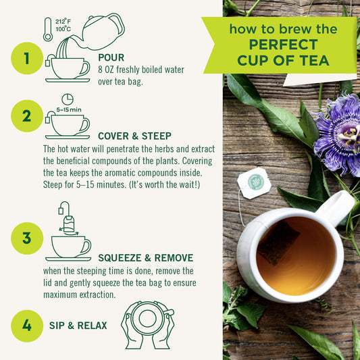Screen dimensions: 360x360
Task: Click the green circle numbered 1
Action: click(27, 59)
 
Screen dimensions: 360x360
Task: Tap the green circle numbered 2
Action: click(27, 116)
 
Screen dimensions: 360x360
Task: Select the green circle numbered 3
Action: click(27, 238)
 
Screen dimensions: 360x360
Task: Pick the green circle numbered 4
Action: click(27, 326)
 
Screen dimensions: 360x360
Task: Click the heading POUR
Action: click(111, 57)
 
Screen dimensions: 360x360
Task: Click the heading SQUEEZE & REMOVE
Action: click(145, 258)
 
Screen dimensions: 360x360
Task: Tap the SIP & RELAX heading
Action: click(78, 326)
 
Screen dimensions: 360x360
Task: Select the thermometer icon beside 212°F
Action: click(48, 29)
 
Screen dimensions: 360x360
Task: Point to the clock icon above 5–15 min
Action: click(67, 99)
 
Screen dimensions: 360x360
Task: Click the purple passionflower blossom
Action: click(338, 134)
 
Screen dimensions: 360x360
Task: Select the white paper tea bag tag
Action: click(255, 182)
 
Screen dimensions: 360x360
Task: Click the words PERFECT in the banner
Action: click(282, 45)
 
